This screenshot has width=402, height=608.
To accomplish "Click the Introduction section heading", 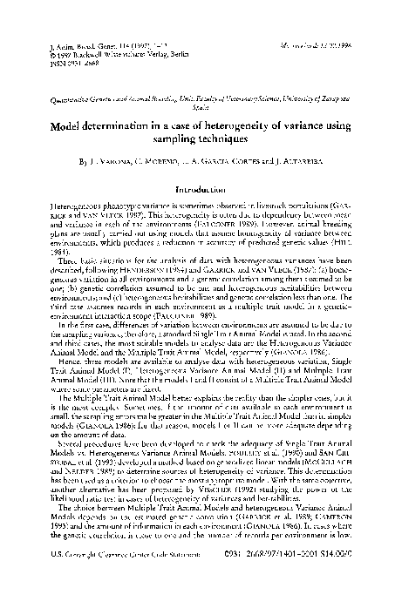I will (201, 213).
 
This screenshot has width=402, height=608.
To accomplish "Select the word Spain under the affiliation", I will (201, 123).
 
